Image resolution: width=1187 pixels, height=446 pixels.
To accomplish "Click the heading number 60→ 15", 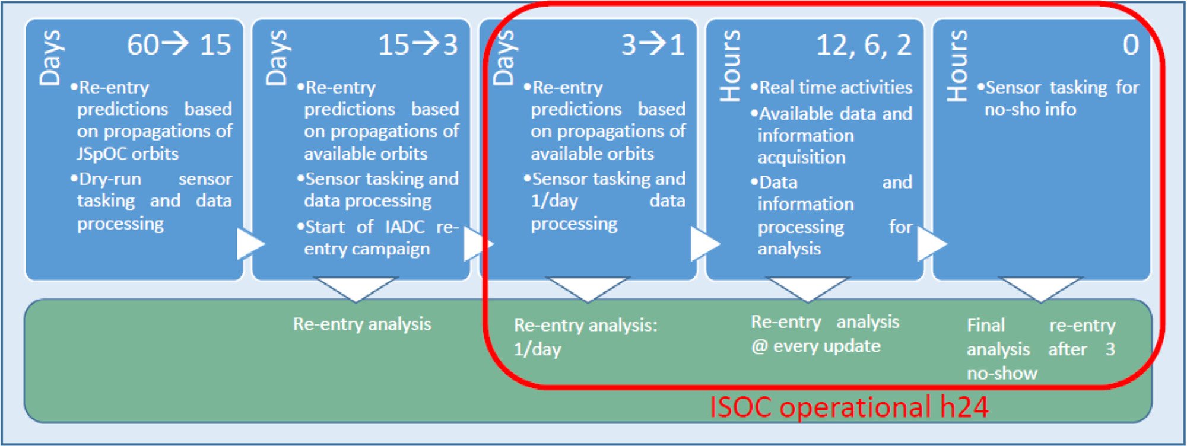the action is tap(179, 44).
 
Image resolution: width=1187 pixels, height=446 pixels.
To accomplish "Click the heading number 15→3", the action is tap(418, 44).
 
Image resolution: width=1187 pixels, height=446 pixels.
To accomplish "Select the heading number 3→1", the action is tap(653, 44).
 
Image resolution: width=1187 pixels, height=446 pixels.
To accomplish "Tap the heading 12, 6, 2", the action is tap(864, 45).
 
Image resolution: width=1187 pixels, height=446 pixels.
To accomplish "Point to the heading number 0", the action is tap(1131, 45).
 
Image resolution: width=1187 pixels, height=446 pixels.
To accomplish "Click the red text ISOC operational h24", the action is tap(849, 407).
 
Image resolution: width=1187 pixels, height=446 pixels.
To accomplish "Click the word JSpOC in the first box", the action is tap(102, 154).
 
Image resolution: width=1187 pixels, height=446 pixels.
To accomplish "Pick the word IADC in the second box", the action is tap(405, 227).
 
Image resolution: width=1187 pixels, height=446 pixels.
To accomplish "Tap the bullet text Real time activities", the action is tap(836, 88).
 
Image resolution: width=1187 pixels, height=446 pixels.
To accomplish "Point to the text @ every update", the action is tap(816, 346).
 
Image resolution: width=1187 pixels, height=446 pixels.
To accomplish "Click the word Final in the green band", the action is tap(986, 325).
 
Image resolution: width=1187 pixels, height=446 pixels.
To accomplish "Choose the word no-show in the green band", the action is tap(1002, 374).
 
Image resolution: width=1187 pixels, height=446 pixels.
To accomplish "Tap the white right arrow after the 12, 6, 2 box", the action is tap(931, 244).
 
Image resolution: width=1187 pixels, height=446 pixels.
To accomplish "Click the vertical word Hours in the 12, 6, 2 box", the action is tap(730, 66).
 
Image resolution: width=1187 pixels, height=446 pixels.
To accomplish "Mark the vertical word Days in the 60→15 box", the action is tap(50, 58).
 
